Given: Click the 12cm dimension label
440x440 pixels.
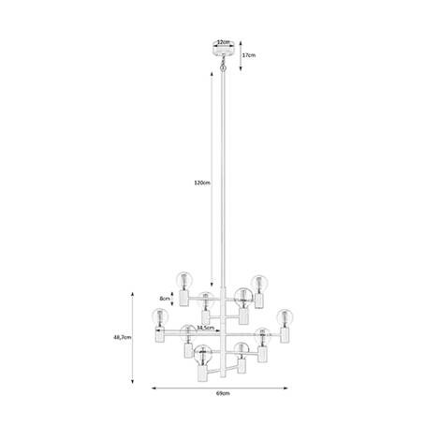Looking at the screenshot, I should pyautogui.click(x=222, y=42).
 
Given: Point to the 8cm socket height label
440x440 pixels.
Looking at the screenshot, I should pyautogui.click(x=166, y=300).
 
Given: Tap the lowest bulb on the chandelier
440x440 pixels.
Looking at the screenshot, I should pyautogui.click(x=200, y=356).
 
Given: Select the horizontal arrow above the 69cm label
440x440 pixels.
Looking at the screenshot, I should pyautogui.click(x=222, y=388).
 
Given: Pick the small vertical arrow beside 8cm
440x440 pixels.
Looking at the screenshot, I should pyautogui.click(x=176, y=300).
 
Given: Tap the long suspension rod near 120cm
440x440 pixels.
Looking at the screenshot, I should pyautogui.click(x=222, y=187).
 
